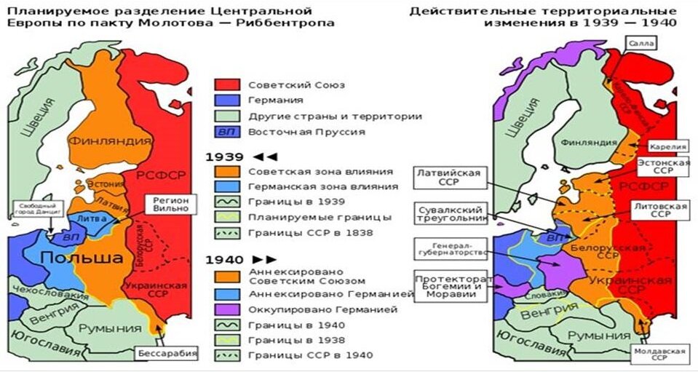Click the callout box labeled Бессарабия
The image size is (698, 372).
(167, 355)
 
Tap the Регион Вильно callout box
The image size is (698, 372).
(172, 205)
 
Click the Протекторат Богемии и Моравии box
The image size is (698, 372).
(449, 287)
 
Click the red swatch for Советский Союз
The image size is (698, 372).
(226, 84)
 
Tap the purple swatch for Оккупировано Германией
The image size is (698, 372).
(226, 309)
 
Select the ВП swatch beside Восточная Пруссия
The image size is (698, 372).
(226, 132)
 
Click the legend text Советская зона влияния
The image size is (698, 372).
(321, 172)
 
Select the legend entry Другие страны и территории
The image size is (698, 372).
(335, 116)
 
